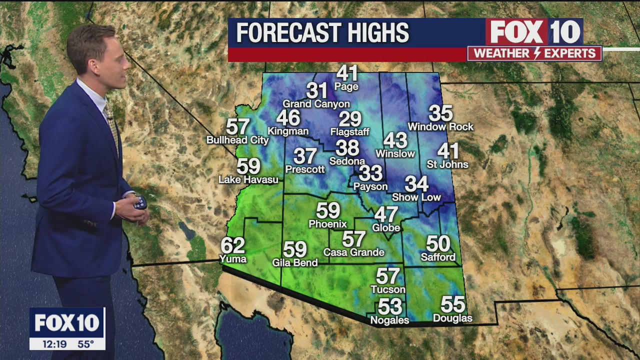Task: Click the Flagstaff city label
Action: (x=349, y=132)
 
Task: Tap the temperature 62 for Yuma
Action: (x=233, y=245)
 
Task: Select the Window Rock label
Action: (x=440, y=127)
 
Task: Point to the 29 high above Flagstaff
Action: (x=350, y=119)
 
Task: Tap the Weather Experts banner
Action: (x=534, y=53)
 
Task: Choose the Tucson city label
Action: (x=388, y=289)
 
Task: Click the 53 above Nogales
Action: (x=390, y=306)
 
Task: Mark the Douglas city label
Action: (x=452, y=318)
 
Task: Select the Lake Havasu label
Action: (x=248, y=179)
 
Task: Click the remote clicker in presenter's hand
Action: (x=140, y=203)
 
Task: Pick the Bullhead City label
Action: (x=237, y=140)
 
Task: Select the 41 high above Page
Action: (x=347, y=73)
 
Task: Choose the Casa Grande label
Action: (x=353, y=252)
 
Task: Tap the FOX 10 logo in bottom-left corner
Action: (x=67, y=322)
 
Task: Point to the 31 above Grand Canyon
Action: (x=316, y=91)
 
